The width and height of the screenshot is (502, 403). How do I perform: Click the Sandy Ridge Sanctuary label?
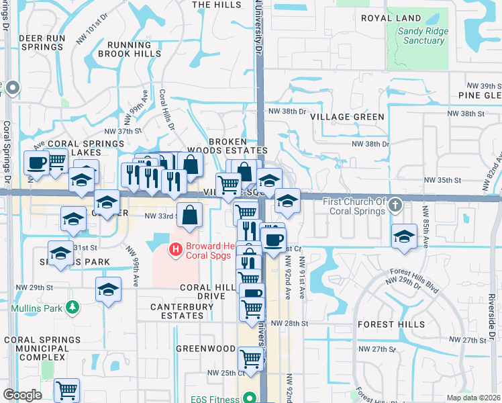[x=420, y=36]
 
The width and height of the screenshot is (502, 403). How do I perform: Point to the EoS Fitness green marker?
[x=250, y=398]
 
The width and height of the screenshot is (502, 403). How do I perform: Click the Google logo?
[x=22, y=395]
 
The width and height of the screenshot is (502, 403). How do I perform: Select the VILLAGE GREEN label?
[x=348, y=117]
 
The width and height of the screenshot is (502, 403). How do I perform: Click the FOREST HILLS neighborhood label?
[x=391, y=324]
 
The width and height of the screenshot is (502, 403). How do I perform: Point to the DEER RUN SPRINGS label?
[x=42, y=42]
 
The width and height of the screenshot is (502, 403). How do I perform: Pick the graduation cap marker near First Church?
[x=404, y=236]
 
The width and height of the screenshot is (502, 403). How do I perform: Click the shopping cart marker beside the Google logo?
[x=66, y=390]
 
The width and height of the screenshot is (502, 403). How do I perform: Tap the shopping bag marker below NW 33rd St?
[x=191, y=215]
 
